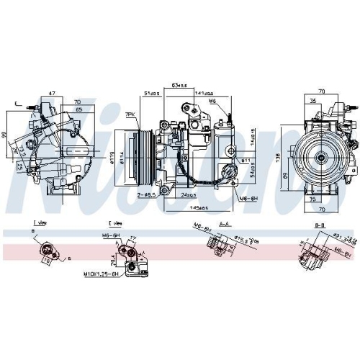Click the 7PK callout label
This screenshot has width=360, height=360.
click(130, 114)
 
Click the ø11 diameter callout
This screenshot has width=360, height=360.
click(245, 160)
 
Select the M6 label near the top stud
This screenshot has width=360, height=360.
click(212, 102)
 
